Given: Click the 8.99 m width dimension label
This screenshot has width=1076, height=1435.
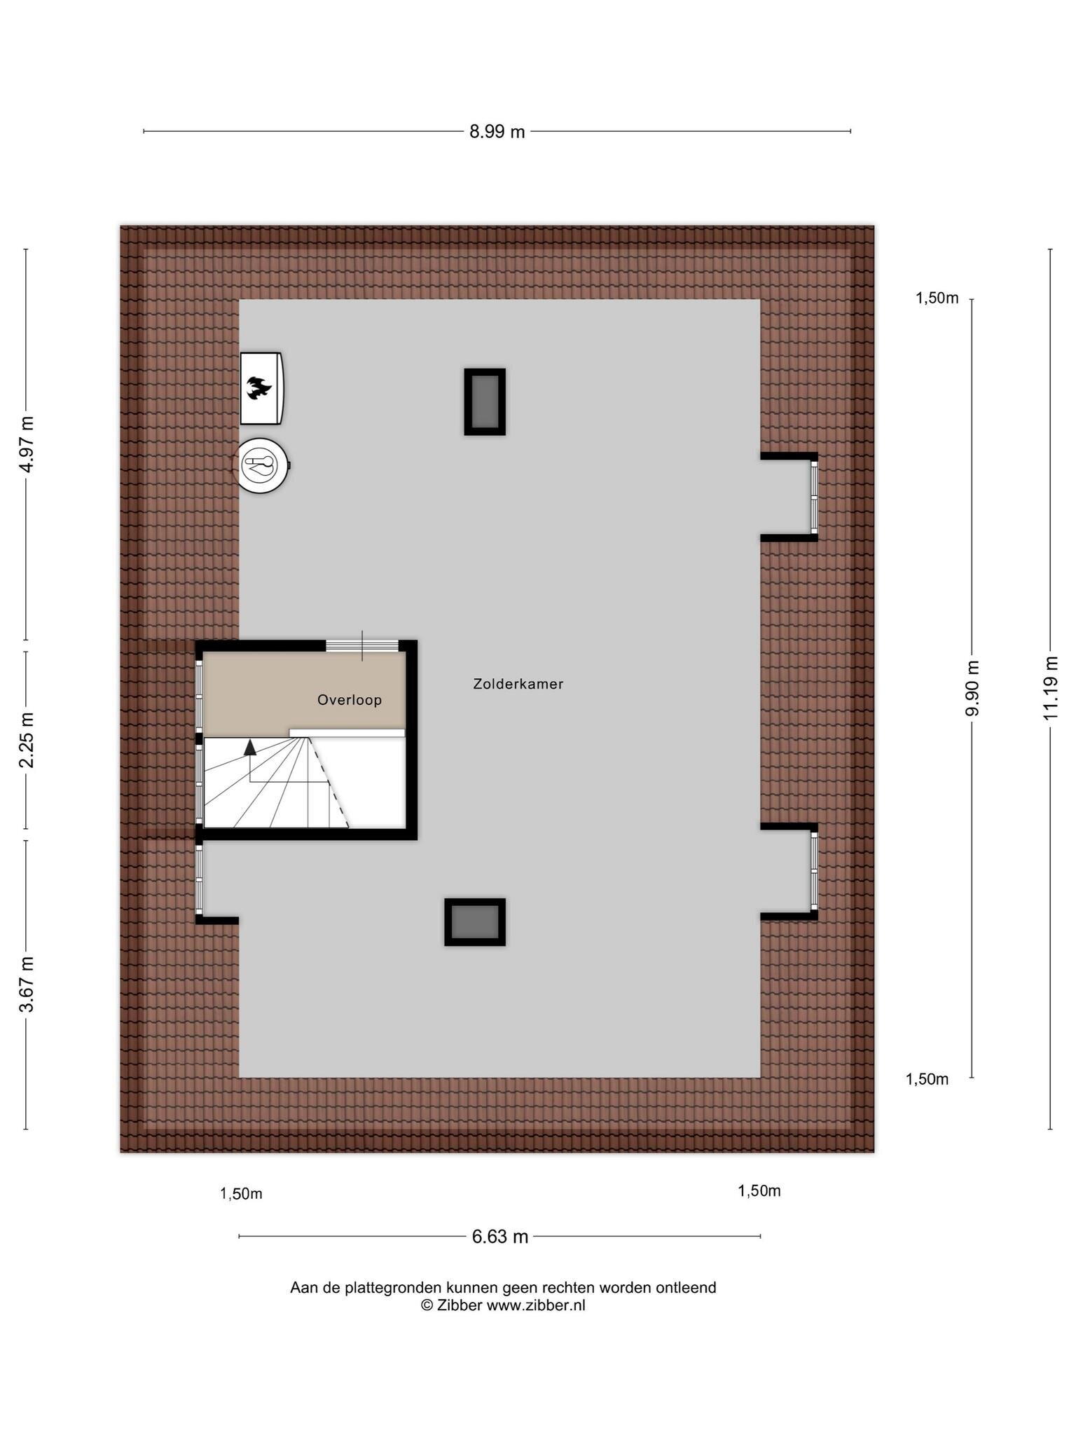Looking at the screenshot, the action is [x=497, y=132].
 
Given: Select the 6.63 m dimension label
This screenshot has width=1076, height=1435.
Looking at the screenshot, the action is [x=499, y=1237].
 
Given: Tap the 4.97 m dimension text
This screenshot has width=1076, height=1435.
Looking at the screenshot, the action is [x=27, y=444].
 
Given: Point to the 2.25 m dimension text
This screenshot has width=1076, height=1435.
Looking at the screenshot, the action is [x=27, y=740].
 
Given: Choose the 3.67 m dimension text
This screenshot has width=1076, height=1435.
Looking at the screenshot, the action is [x=27, y=984].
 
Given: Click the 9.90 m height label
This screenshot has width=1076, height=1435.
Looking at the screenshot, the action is [x=972, y=688].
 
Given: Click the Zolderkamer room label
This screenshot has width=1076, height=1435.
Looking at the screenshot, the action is [x=518, y=684].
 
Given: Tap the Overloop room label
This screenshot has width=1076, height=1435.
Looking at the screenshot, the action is [x=350, y=700].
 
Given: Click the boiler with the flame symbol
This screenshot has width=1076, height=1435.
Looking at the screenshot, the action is [x=261, y=388].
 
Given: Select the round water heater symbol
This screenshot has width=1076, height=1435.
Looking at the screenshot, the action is [x=261, y=465].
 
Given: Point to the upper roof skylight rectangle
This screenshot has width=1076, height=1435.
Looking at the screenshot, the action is [x=485, y=402].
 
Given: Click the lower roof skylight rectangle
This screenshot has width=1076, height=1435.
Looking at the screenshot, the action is [x=475, y=922].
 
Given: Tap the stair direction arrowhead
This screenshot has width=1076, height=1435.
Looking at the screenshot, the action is [x=250, y=747].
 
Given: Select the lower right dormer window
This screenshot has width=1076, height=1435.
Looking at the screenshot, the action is [x=814, y=871].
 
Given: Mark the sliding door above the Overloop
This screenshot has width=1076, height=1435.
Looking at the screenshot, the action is [x=362, y=646].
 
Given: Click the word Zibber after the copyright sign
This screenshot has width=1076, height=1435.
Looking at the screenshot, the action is [x=460, y=1305].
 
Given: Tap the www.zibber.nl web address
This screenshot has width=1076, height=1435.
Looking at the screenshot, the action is [x=536, y=1305].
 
